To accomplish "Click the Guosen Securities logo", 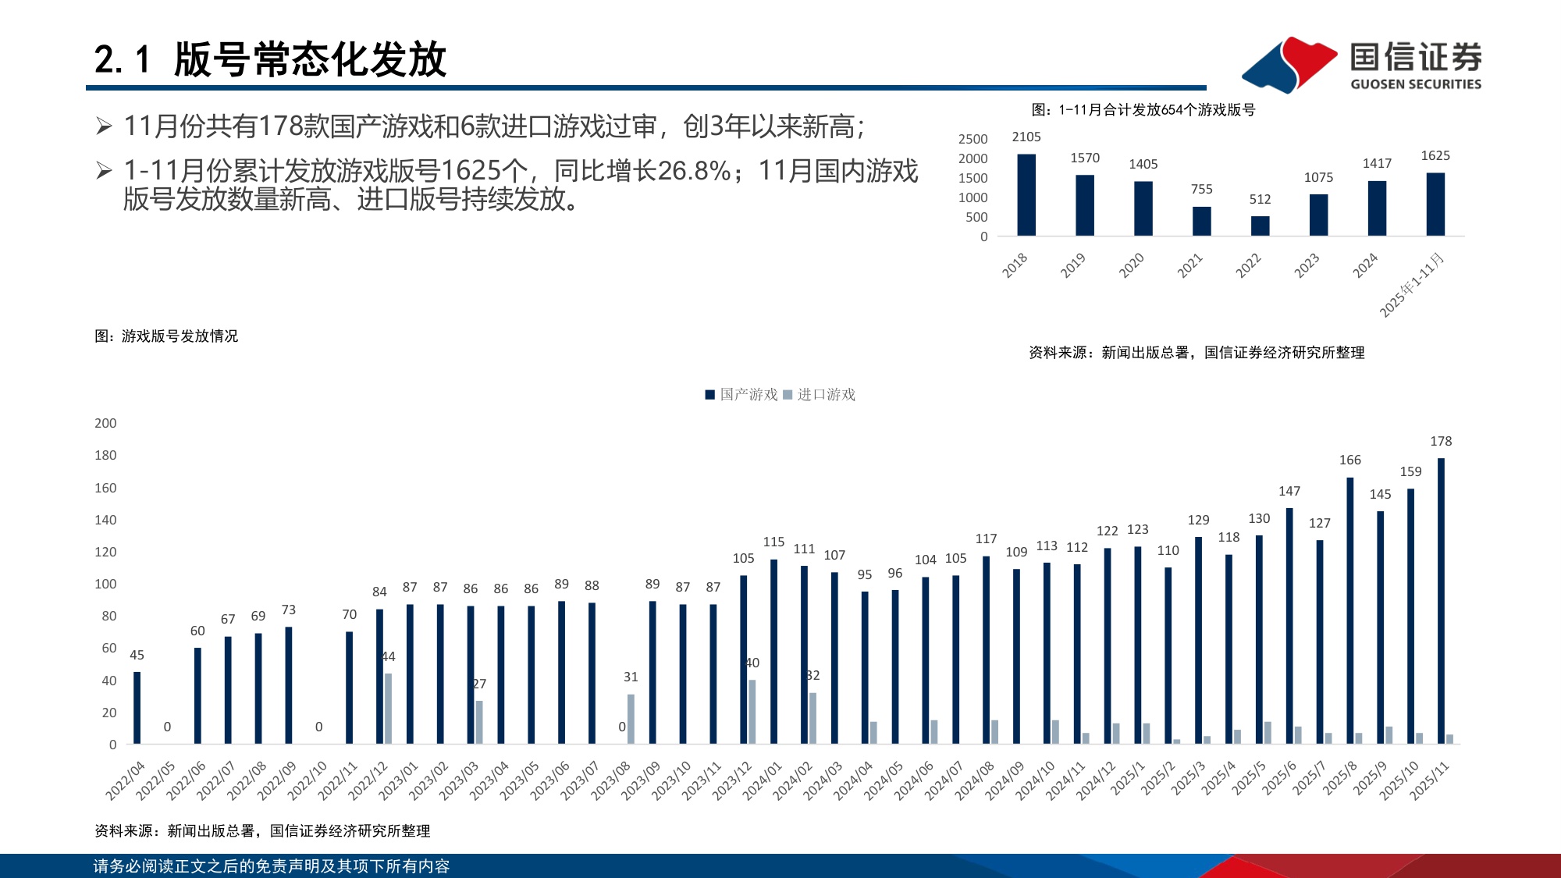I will [x=1362, y=64].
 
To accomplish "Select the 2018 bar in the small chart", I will [x=1026, y=195].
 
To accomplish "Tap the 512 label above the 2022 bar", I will [x=1260, y=200].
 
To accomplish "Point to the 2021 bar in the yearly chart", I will [x=1201, y=221].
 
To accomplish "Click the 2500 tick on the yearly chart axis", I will [x=973, y=139].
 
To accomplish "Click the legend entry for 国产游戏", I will [x=741, y=395].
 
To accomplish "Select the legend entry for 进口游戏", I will [x=819, y=395].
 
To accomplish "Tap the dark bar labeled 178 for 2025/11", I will [x=1441, y=601].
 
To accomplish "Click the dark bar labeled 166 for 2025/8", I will [x=1349, y=610].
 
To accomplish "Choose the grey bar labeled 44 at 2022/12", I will [x=388, y=709].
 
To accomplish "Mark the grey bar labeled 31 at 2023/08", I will [x=631, y=719].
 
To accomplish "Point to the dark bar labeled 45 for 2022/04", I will [x=137, y=708].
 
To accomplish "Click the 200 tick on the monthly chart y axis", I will [x=105, y=423].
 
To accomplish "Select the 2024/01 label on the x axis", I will [x=763, y=780].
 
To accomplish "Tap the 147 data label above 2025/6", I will [x=1289, y=492].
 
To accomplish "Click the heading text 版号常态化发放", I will [x=310, y=60].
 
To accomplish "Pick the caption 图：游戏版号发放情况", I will [x=166, y=336].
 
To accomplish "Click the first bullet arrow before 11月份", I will [x=104, y=126].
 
